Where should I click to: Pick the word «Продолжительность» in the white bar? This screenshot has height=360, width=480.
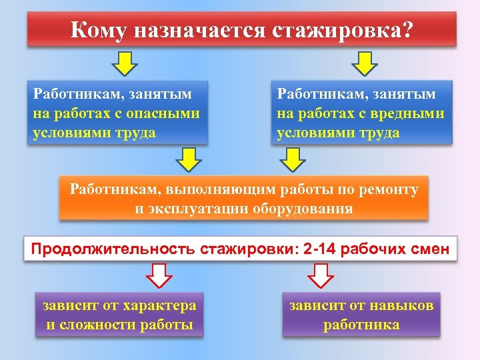click(x=111, y=250)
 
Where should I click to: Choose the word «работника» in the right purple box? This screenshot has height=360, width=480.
click(x=362, y=325)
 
